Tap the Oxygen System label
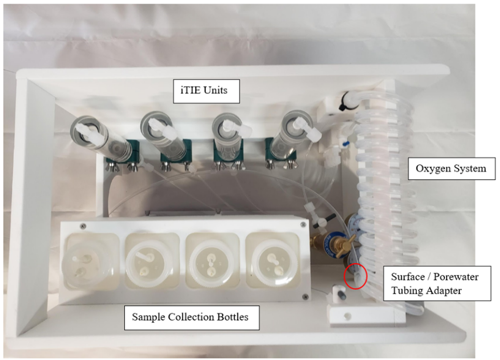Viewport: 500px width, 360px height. tap(450, 168)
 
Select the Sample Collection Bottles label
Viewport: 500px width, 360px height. tap(191, 316)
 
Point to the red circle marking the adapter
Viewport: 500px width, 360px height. tap(355, 276)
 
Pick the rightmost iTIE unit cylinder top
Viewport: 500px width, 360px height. tap(293, 126)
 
